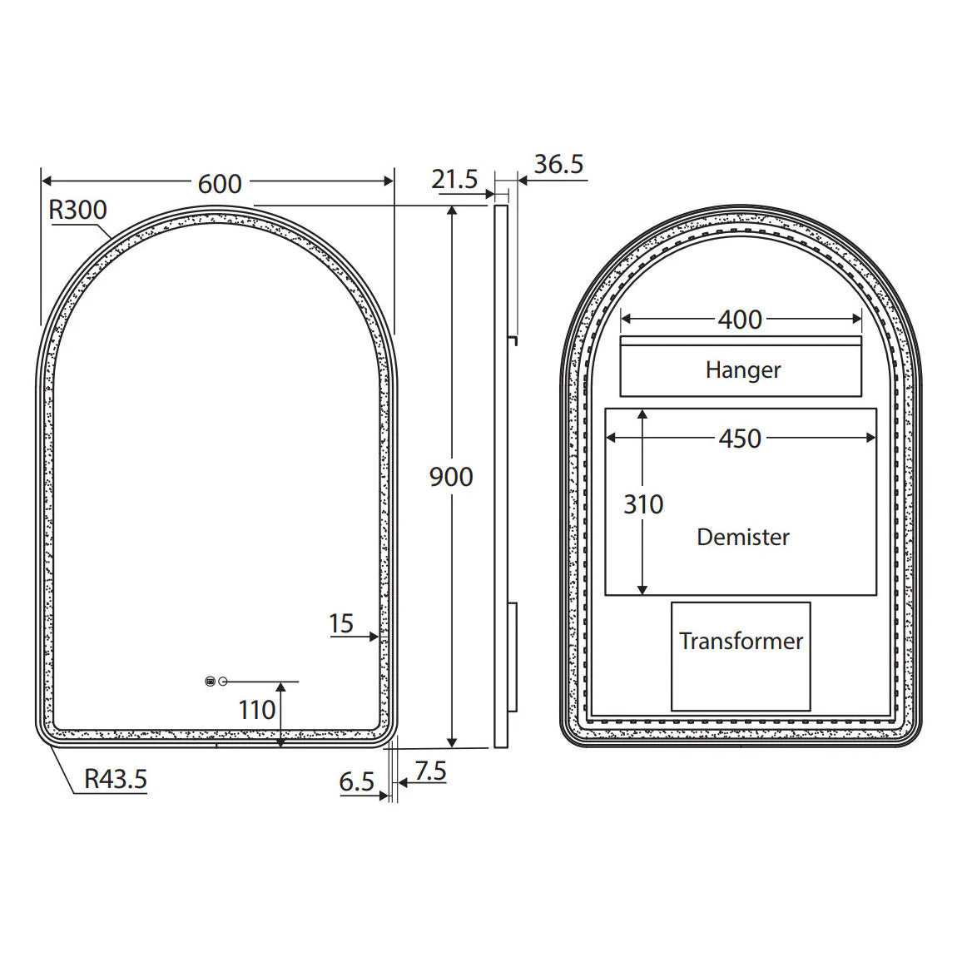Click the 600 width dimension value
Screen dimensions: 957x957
point(220,183)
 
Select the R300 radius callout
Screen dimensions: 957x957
point(77,210)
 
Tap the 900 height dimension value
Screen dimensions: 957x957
point(451,477)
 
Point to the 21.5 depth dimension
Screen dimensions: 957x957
point(454,179)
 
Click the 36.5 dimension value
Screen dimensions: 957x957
point(558,164)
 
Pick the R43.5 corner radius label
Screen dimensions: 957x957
point(116,779)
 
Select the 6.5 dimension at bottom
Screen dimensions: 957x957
point(356,781)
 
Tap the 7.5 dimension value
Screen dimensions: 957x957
point(430,771)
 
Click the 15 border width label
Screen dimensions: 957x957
point(341,623)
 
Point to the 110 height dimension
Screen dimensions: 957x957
point(256,710)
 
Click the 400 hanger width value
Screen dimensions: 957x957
point(740,319)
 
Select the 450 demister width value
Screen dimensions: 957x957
point(740,439)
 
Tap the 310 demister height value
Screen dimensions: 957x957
point(643,504)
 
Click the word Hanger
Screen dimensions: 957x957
point(743,369)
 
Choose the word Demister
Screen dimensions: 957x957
point(743,537)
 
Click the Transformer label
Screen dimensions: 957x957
point(741,641)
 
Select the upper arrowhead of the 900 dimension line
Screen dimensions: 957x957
point(452,211)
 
